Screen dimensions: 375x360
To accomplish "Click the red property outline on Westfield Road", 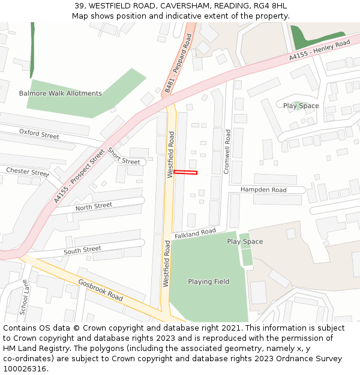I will (x=185, y=173).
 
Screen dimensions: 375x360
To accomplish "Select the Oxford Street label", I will (x=39, y=133).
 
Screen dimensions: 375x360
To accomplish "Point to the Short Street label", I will (x=123, y=157).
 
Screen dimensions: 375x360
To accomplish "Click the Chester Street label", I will (x=28, y=172).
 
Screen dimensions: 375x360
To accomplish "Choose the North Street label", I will (x=94, y=206).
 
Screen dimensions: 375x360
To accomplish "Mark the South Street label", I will (x=82, y=250).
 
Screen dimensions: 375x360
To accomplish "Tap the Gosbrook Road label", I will (x=100, y=290).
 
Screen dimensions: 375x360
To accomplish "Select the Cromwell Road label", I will (x=227, y=151).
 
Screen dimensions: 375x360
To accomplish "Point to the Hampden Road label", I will (x=263, y=190).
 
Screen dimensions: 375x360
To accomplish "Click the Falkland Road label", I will (x=195, y=233).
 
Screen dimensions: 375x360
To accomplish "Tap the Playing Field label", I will (x=208, y=281).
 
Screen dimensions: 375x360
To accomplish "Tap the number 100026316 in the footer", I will (x=25, y=368).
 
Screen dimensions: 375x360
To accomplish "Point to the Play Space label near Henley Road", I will (x=301, y=106).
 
